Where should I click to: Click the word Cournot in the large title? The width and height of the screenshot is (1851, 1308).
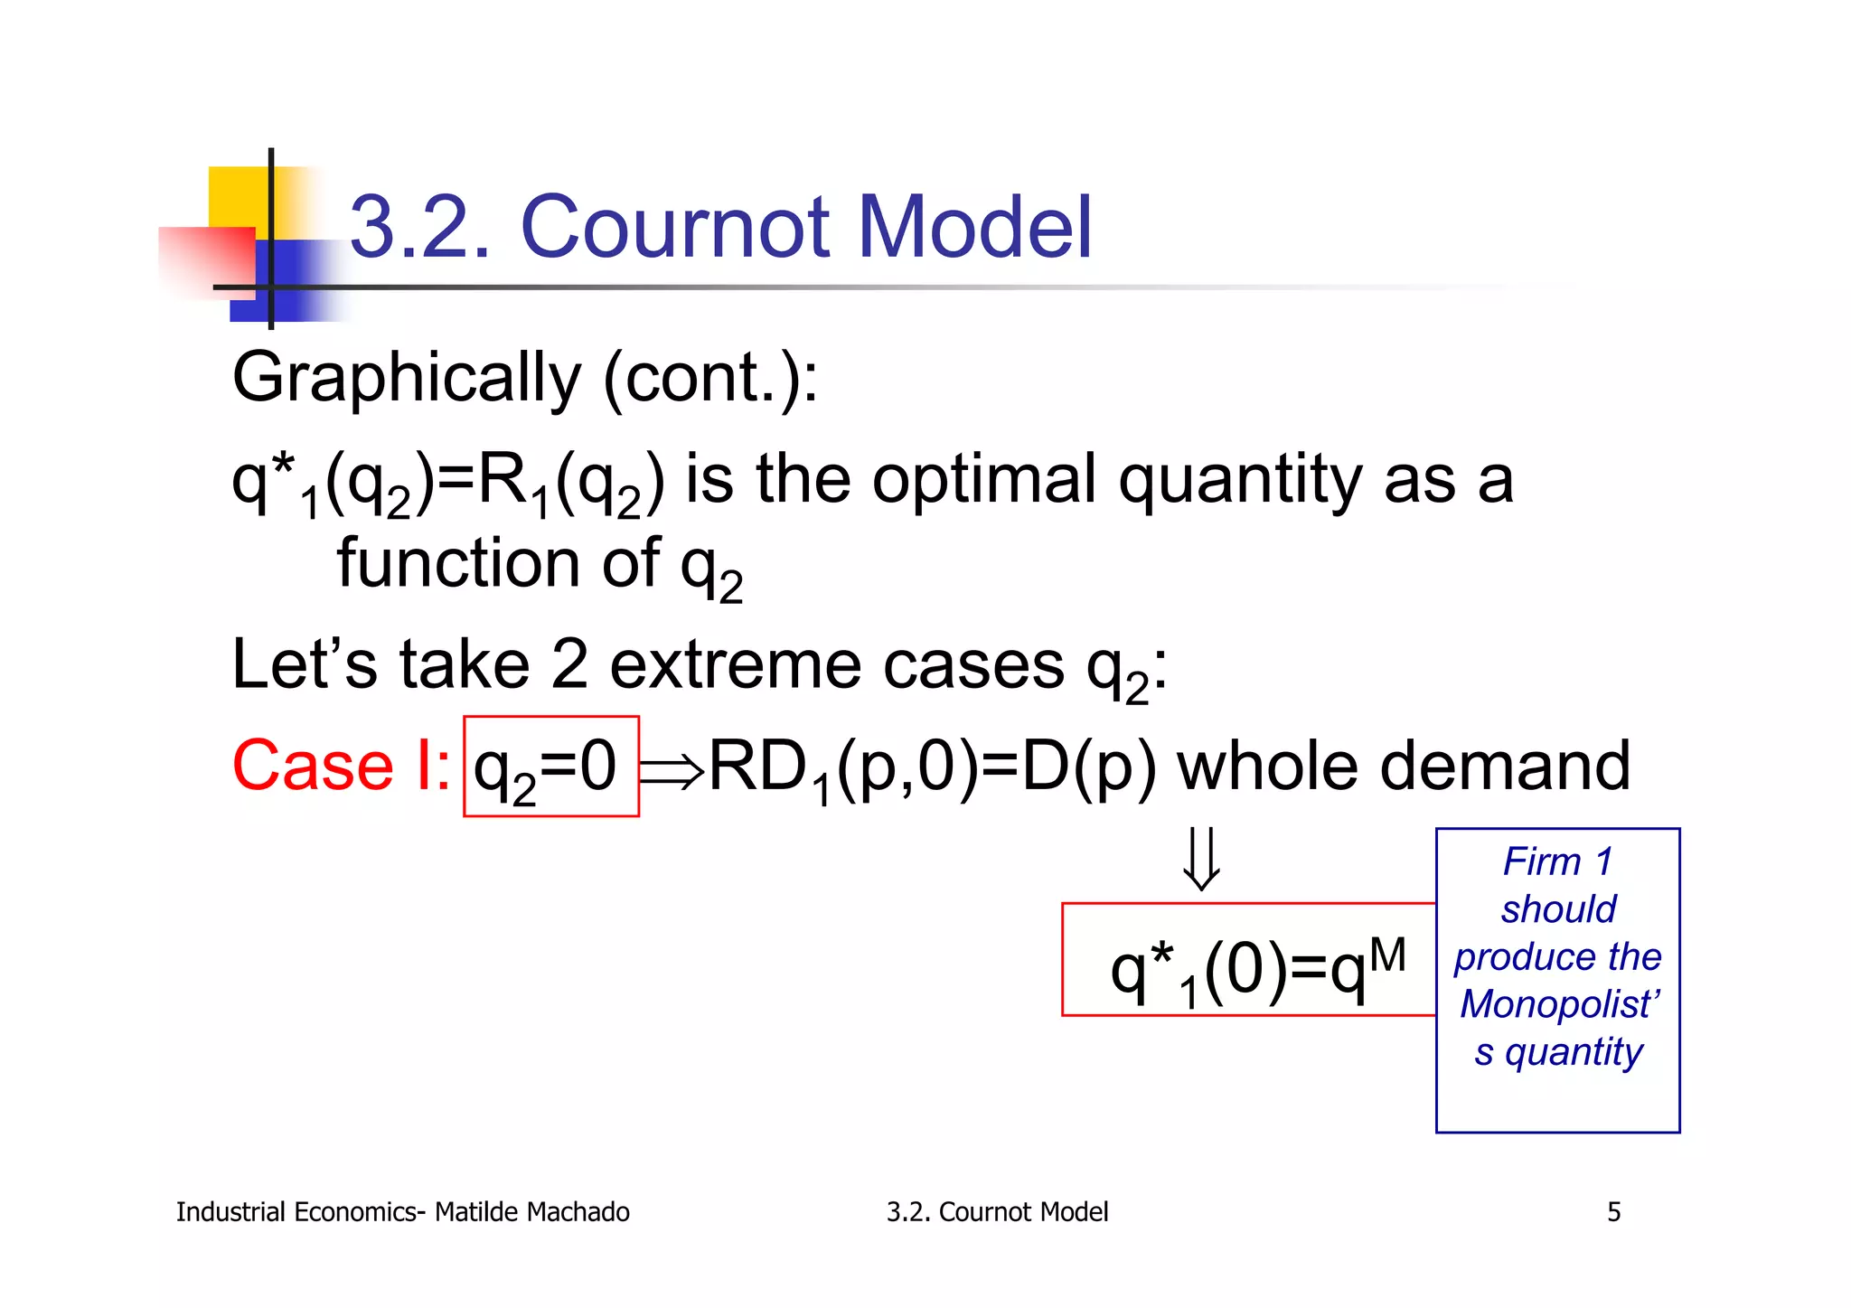click(675, 227)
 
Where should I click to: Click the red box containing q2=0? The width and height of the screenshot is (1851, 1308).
click(551, 767)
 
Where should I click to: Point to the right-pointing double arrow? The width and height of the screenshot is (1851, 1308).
click(672, 771)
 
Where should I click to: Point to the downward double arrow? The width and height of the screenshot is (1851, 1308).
click(1202, 859)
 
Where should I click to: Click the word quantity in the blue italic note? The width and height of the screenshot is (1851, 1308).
click(1574, 1052)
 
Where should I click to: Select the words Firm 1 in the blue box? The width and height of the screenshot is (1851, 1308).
click(1558, 861)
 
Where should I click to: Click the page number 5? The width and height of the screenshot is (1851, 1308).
click(1613, 1212)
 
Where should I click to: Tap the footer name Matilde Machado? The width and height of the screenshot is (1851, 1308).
click(531, 1212)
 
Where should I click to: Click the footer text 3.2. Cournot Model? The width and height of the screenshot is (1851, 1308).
click(997, 1212)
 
